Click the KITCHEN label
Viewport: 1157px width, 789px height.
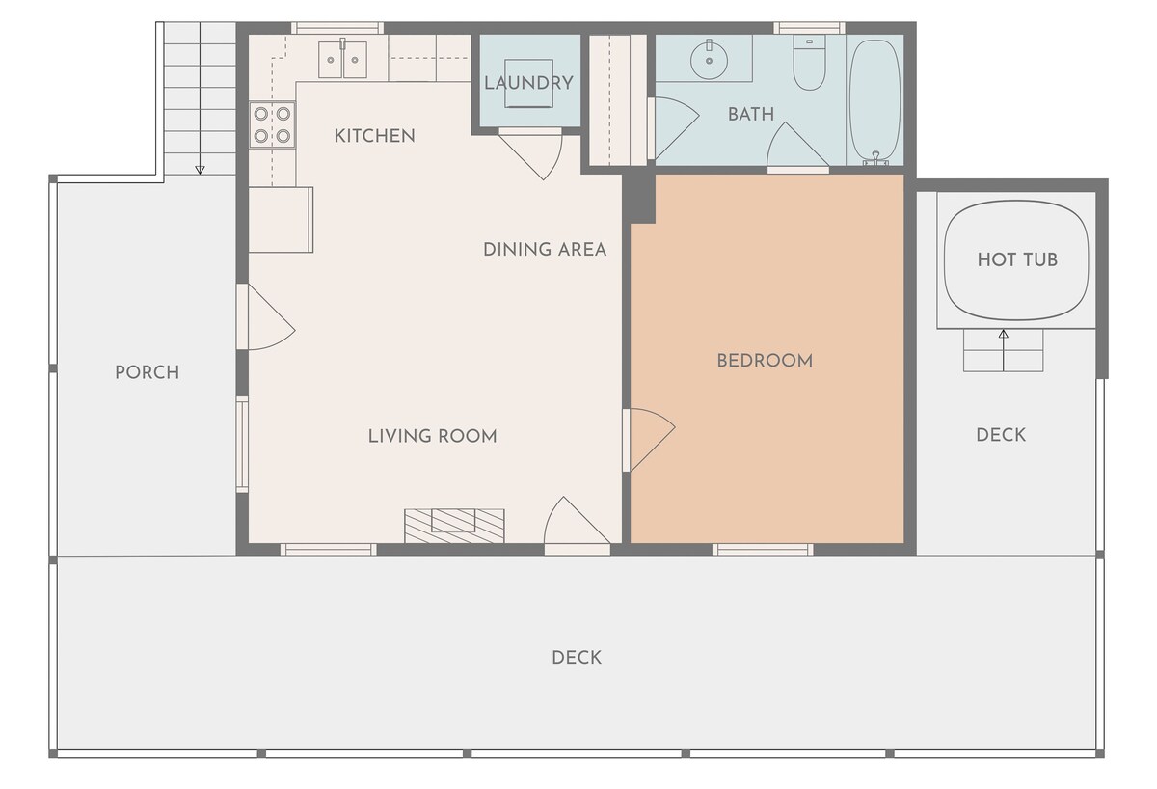[x=374, y=136]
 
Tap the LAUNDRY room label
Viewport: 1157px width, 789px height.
[x=528, y=83]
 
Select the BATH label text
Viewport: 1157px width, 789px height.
[x=751, y=114]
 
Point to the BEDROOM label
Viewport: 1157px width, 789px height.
[x=765, y=361]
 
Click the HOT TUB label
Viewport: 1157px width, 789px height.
[x=1017, y=259]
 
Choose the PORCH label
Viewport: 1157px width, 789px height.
[x=148, y=372]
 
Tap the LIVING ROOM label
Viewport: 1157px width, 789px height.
[x=432, y=437]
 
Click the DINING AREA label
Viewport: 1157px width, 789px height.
[x=545, y=250]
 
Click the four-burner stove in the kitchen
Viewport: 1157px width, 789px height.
[x=272, y=124]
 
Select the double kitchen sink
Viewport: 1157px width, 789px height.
[x=343, y=60]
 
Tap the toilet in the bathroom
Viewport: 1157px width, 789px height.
[x=809, y=62]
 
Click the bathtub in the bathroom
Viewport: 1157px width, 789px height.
[x=875, y=100]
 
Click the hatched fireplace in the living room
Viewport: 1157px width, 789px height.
[x=454, y=526]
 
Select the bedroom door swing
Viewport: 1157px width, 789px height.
[x=649, y=440]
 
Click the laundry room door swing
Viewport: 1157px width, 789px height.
[x=531, y=154]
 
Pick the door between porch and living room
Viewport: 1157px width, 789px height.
[x=266, y=316]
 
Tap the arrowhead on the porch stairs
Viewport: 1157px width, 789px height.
[x=200, y=170]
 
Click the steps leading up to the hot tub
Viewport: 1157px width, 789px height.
[x=1003, y=350]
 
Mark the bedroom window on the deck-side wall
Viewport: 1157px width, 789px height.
[x=763, y=549]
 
